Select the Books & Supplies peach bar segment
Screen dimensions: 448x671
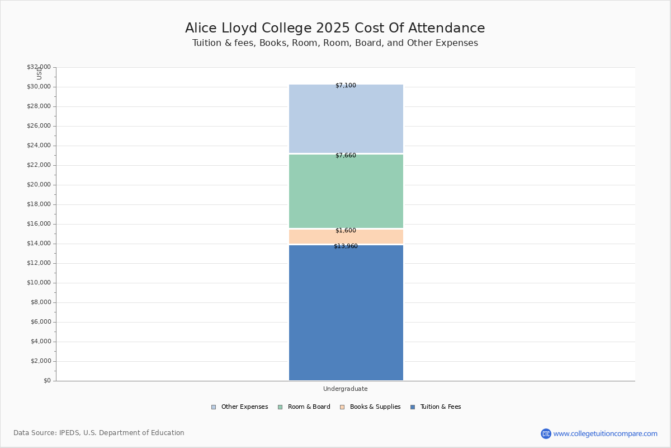coord(346,237)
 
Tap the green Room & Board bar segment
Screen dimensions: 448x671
coord(346,191)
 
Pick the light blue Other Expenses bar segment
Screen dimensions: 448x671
coord(346,118)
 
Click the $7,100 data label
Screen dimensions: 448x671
coord(346,86)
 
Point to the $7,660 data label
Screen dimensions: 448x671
coord(346,156)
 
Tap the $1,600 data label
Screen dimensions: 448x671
coord(346,230)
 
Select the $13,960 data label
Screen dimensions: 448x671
coord(346,246)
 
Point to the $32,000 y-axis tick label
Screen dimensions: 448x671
coord(39,67)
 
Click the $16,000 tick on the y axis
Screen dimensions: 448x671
coord(39,224)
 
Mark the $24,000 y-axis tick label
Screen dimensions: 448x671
coord(39,146)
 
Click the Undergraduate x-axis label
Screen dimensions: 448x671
coord(346,389)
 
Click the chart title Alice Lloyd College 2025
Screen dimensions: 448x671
coord(335,29)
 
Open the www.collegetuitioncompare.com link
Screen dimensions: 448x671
coord(605,433)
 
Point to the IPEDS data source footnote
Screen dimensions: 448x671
coord(99,433)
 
